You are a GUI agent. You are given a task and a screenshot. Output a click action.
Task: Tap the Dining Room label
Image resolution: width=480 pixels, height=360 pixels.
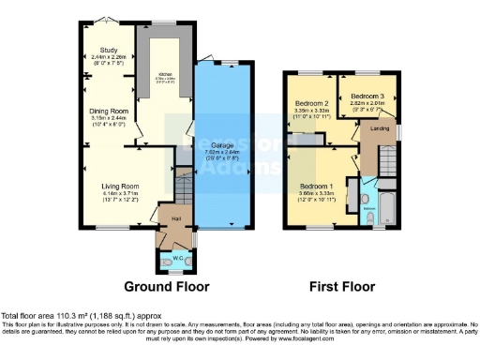109,111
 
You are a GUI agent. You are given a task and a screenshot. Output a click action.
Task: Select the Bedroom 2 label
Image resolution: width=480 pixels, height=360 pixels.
310,103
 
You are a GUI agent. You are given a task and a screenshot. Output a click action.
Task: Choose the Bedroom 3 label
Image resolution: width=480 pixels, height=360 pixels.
367,97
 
